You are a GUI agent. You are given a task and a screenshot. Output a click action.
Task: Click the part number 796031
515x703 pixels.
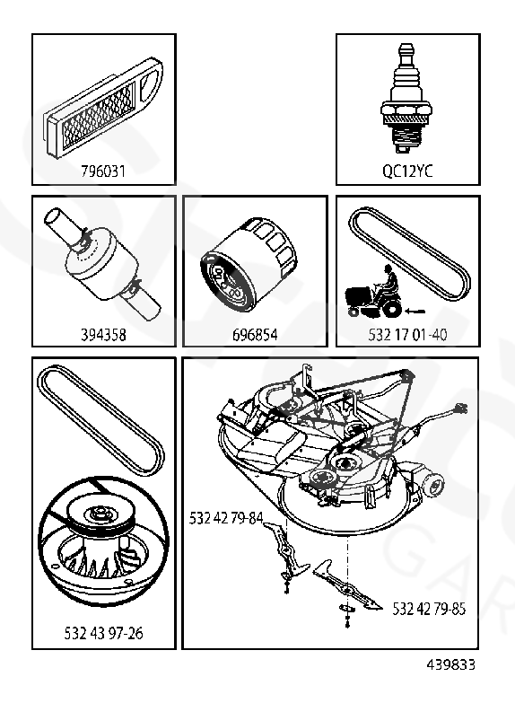click(103, 171)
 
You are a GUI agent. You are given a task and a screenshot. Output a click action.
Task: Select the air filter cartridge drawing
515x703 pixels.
click(103, 107)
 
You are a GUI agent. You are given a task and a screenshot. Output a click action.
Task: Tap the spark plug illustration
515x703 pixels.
click(406, 99)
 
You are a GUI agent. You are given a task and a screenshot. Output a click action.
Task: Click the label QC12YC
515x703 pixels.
click(407, 171)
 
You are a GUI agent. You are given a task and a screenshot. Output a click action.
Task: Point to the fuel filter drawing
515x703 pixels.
click(103, 265)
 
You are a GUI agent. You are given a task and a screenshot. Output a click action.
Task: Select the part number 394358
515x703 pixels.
click(103, 335)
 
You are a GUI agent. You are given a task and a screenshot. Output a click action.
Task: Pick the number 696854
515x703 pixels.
click(255, 335)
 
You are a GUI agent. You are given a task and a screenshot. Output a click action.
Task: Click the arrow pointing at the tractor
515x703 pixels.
click(415, 311)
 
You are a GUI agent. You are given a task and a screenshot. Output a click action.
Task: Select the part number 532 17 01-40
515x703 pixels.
click(407, 335)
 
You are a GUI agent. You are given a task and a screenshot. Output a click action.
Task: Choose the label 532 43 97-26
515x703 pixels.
click(103, 633)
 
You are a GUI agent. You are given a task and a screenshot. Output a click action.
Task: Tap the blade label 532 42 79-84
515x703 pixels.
click(225, 518)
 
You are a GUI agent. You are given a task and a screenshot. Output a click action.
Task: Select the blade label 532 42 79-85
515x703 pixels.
click(429, 609)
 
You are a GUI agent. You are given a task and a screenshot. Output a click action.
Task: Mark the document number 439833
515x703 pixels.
click(450, 664)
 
